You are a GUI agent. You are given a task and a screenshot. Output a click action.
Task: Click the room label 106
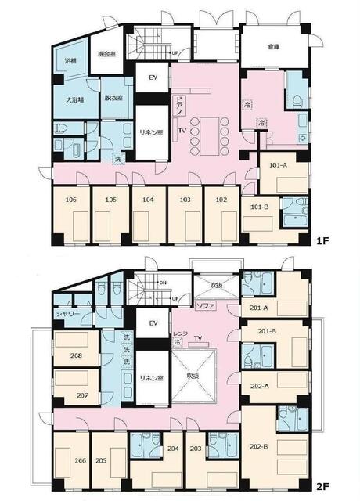point(71,200)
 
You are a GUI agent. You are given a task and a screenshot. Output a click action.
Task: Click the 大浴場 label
point(74,100)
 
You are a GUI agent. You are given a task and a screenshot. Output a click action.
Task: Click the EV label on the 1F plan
point(153,78)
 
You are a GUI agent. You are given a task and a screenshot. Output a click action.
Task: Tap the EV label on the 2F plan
point(153,323)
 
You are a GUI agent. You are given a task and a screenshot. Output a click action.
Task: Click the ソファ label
point(205,305)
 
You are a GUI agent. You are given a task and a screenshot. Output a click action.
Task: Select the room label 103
point(185,200)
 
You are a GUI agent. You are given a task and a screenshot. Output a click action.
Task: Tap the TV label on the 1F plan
point(182,131)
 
